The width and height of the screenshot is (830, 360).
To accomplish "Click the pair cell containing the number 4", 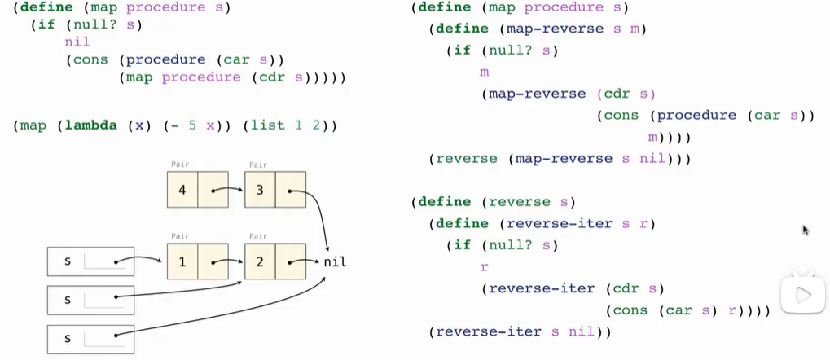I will click(x=182, y=190).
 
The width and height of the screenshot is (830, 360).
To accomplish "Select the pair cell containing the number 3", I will click(x=260, y=190).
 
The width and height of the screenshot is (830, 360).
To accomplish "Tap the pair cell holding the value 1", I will click(x=182, y=262).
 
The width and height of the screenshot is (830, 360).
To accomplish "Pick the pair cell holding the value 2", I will click(x=260, y=262).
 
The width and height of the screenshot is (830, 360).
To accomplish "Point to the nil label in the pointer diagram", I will click(x=335, y=262).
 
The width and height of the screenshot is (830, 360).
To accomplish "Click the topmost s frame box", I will click(x=90, y=261).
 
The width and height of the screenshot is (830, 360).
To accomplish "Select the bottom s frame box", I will click(x=90, y=338).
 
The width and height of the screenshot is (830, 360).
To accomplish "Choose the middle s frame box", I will click(x=90, y=300).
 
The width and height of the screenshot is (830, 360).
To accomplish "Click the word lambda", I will click(x=90, y=125).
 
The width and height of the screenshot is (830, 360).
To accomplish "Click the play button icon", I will click(x=802, y=296).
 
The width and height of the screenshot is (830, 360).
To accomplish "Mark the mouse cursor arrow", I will click(x=806, y=230).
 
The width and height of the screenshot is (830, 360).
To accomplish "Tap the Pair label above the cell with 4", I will click(x=180, y=165).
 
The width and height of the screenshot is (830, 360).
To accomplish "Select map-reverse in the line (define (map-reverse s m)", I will click(x=557, y=29).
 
